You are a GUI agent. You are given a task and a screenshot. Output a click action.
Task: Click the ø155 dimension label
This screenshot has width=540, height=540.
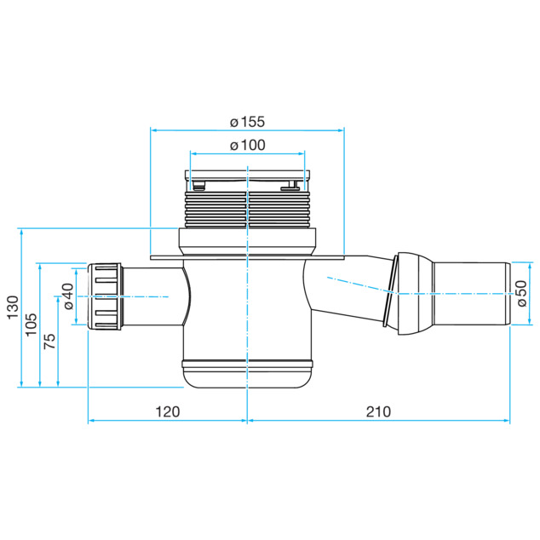pyautogui.click(x=247, y=122)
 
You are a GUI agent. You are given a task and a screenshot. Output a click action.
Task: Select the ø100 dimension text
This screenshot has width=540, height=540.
pyautogui.click(x=248, y=145)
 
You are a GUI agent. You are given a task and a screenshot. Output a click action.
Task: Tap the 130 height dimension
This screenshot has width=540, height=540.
pyautogui.click(x=13, y=307)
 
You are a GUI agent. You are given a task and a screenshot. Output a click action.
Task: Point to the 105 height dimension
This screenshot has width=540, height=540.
pyautogui.click(x=31, y=325)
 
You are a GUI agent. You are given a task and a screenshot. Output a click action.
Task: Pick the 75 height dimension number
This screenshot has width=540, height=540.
pyautogui.click(x=49, y=341)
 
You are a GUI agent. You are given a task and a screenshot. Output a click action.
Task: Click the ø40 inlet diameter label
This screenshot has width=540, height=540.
pyautogui.click(x=68, y=296)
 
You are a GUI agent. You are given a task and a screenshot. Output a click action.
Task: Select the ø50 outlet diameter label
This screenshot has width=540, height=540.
pyautogui.click(x=522, y=293)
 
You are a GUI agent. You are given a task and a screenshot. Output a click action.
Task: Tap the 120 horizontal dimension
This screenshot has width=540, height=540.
pyautogui.click(x=168, y=411)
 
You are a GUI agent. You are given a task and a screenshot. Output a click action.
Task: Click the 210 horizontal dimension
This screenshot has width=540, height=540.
pyautogui.click(x=378, y=411)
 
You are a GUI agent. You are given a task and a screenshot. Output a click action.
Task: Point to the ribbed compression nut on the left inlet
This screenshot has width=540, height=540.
pyautogui.click(x=105, y=296)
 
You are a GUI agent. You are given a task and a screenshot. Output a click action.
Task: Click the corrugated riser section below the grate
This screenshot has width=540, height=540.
pyautogui.click(x=247, y=210)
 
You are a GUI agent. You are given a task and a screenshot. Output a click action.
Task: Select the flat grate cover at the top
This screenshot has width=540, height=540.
pyautogui.click(x=248, y=174)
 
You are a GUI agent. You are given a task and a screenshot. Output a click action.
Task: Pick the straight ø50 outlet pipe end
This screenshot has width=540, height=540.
pyautogui.click(x=472, y=293)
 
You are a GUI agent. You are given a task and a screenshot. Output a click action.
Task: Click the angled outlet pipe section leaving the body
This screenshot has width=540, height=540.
pyautogui.click(x=348, y=288)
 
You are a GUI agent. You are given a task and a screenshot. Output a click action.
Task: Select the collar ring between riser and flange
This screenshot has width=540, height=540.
pyautogui.click(x=247, y=242)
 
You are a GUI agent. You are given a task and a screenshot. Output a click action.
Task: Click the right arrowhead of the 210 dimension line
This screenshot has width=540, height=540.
pyautogui.click(x=507, y=421)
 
